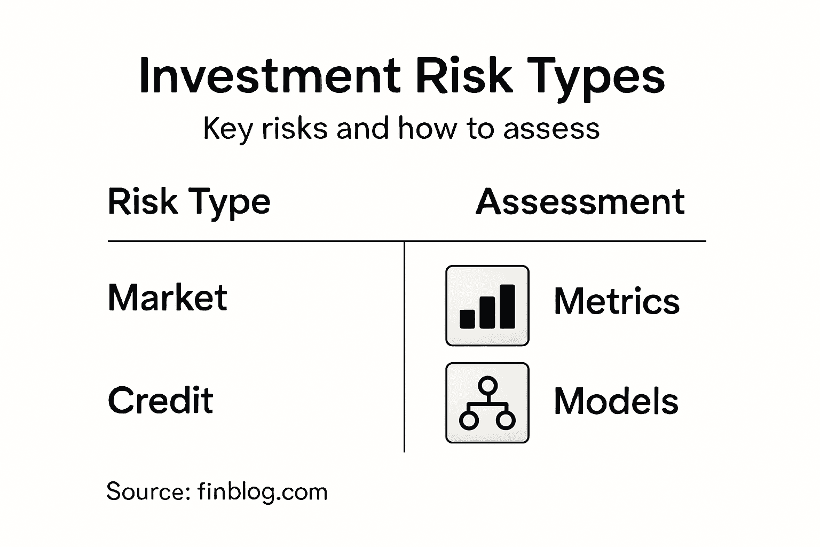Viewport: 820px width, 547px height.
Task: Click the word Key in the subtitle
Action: pos(227,129)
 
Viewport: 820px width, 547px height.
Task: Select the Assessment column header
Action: pos(580,202)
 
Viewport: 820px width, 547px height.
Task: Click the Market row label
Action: pos(168,297)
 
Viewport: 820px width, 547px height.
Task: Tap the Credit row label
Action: pos(161,400)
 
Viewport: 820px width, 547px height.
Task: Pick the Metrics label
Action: pos(617,301)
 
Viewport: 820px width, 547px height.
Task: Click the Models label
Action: pos(616,401)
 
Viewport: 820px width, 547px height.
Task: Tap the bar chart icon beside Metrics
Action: pos(487,306)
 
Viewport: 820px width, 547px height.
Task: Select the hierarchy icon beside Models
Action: pos(487,403)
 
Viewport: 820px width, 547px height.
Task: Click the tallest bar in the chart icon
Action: pos(507,306)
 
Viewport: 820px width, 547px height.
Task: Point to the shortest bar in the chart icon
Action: pos(467,318)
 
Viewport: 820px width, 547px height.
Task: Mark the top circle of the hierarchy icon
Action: pos(487,385)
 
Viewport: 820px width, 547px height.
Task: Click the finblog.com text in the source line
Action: pos(262,491)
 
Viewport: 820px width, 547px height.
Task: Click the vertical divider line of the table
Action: pos(405,347)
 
